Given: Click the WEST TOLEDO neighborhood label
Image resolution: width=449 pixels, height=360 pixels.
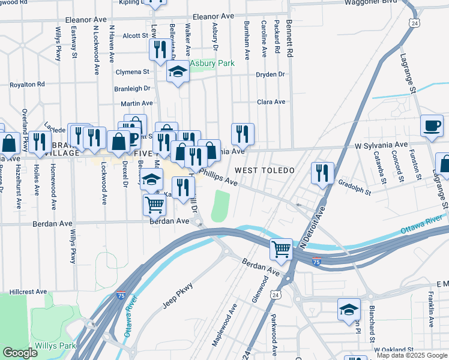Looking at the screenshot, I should point(264,171).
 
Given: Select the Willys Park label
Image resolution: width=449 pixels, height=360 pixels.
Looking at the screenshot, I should point(55,346).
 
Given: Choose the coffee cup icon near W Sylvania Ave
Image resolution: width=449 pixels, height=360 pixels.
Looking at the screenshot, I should point(432,126).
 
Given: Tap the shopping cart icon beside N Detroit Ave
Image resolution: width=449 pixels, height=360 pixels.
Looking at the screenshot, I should point(281,248).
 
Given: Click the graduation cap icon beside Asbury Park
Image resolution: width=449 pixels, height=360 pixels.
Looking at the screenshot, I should point(177,73).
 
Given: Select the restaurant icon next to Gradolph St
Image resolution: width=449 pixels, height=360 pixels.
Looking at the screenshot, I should point(322,173).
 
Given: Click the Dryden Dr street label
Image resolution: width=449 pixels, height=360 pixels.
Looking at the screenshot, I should point(270,74).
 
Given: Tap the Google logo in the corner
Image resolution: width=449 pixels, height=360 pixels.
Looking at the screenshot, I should point(20,353).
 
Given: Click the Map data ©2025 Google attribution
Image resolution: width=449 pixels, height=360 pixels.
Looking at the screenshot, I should point(411,355).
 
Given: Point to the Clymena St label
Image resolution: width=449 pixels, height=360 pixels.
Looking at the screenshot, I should point(132,72).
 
